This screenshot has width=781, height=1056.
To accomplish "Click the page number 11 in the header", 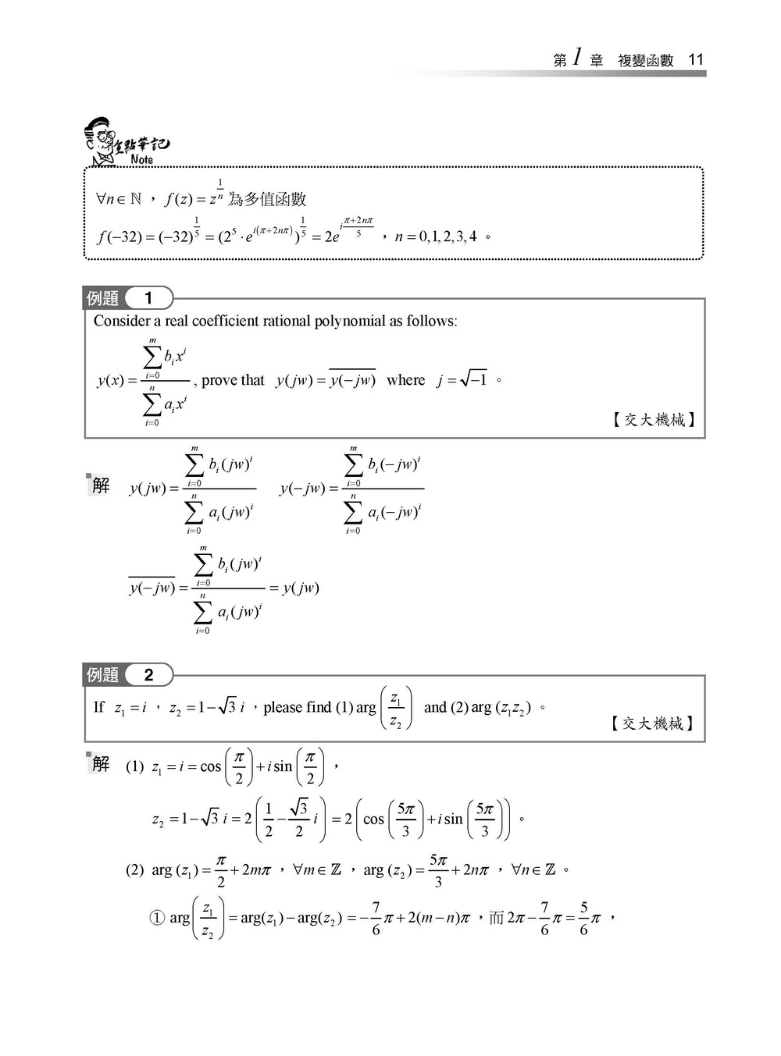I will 696,60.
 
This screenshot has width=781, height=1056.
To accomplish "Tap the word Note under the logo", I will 142,160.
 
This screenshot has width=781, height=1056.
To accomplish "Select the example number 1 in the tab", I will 148,297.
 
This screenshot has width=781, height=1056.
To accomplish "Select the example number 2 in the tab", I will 148,674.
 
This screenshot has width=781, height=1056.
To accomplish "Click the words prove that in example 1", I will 233,380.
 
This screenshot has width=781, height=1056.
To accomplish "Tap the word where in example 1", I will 405,380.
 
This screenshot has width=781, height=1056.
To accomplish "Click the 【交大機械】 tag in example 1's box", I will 654,420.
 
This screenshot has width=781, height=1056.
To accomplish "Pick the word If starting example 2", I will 98,707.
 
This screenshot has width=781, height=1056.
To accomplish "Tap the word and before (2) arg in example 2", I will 435,707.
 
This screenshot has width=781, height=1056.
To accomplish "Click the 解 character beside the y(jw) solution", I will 101,485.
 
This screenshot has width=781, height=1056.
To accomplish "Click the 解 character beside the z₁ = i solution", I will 101,763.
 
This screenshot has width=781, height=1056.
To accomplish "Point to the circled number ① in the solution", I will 157,918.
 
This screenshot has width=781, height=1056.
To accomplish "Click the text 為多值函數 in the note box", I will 267,200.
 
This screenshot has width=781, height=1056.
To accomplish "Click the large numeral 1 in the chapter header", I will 577,58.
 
